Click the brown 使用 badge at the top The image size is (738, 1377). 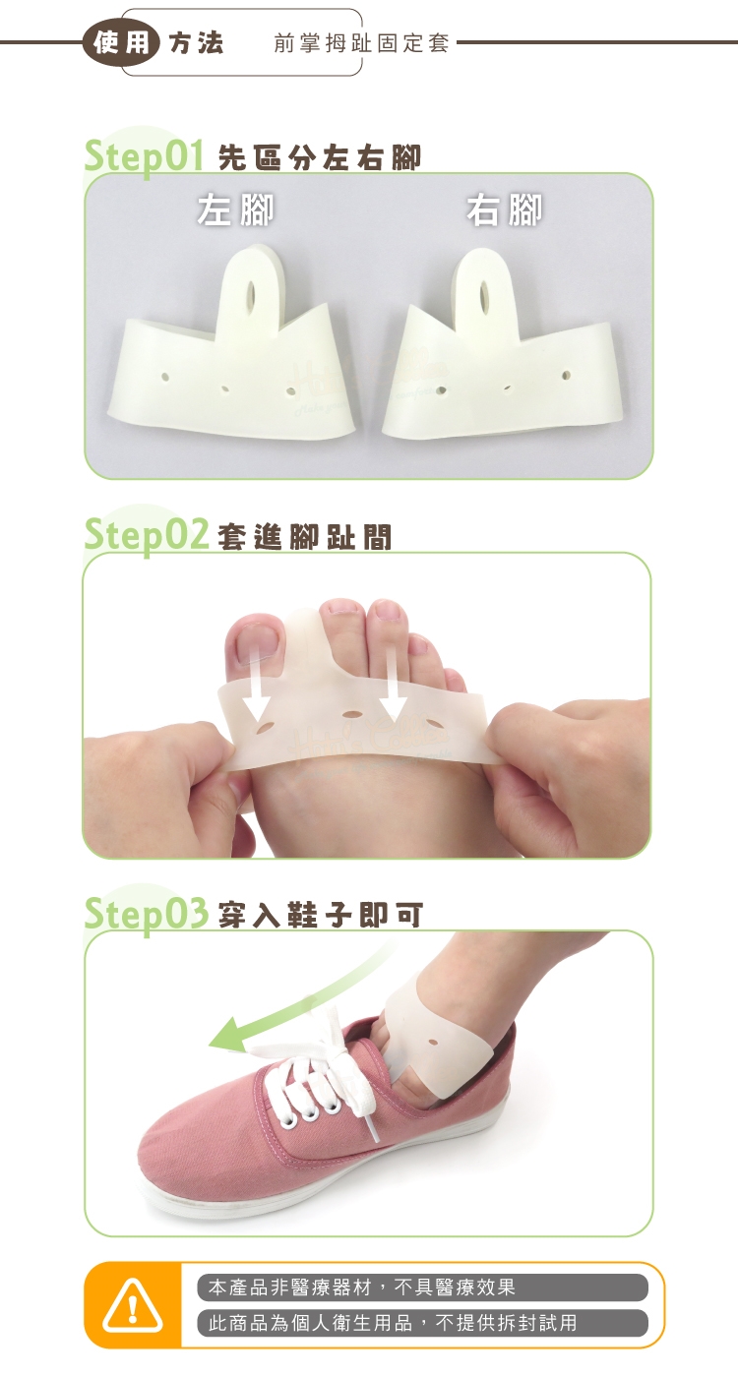click(x=121, y=43)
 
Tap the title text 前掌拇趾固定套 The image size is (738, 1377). click(x=362, y=43)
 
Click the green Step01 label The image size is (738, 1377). click(x=145, y=156)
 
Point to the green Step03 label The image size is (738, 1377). click(x=147, y=913)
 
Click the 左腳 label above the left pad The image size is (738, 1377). click(x=235, y=210)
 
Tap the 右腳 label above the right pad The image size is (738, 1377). click(x=504, y=210)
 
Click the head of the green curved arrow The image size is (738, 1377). click(x=228, y=1035)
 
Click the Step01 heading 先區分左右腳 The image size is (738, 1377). click(x=320, y=158)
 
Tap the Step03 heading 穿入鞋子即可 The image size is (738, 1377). click(x=321, y=916)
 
